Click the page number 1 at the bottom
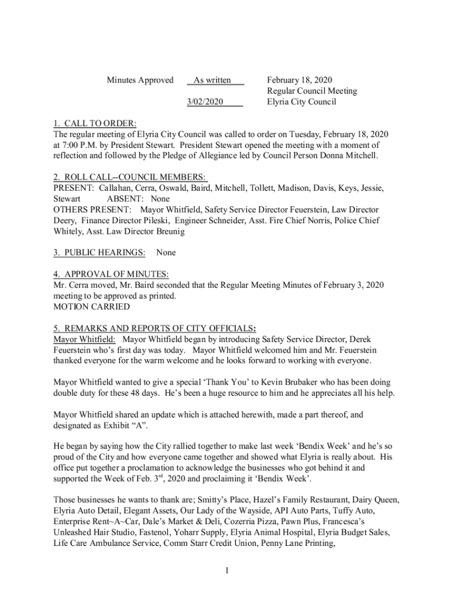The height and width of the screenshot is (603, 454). click(x=226, y=570)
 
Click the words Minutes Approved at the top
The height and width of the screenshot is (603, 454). click(x=140, y=80)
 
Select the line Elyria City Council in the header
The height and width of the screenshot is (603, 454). click(x=301, y=102)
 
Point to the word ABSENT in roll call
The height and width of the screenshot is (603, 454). click(x=126, y=199)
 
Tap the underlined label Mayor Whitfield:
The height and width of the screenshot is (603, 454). click(x=84, y=339)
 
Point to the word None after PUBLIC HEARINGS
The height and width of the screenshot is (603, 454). click(x=166, y=253)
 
